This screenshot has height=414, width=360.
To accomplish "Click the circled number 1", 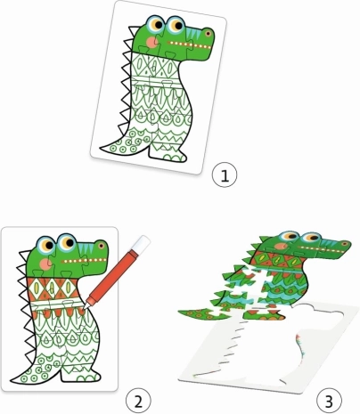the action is (225, 175).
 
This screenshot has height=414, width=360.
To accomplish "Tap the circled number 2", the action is (138, 402).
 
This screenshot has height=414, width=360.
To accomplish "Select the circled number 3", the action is (329, 402).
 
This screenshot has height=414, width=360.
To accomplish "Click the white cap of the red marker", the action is (142, 243).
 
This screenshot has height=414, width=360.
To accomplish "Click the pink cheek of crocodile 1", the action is (151, 42).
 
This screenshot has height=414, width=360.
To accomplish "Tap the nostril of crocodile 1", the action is (208, 33).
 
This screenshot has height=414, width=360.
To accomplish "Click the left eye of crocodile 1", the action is (156, 24).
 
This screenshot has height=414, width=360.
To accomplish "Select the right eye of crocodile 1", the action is (176, 25).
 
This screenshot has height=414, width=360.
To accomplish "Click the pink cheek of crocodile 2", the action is (45, 264).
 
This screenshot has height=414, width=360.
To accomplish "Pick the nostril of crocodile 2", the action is (102, 246).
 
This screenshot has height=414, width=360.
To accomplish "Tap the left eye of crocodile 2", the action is (45, 245).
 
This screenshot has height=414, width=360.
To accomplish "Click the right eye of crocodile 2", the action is (67, 242).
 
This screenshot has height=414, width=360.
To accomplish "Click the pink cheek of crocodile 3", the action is (281, 246).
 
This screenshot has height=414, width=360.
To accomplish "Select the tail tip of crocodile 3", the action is (179, 312).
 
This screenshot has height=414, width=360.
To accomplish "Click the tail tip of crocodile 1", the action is (101, 147).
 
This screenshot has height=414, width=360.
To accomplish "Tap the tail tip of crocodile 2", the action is (12, 381).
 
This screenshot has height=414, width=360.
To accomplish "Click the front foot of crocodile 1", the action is (168, 156).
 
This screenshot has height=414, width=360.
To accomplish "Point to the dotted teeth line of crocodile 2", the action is (84, 261).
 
